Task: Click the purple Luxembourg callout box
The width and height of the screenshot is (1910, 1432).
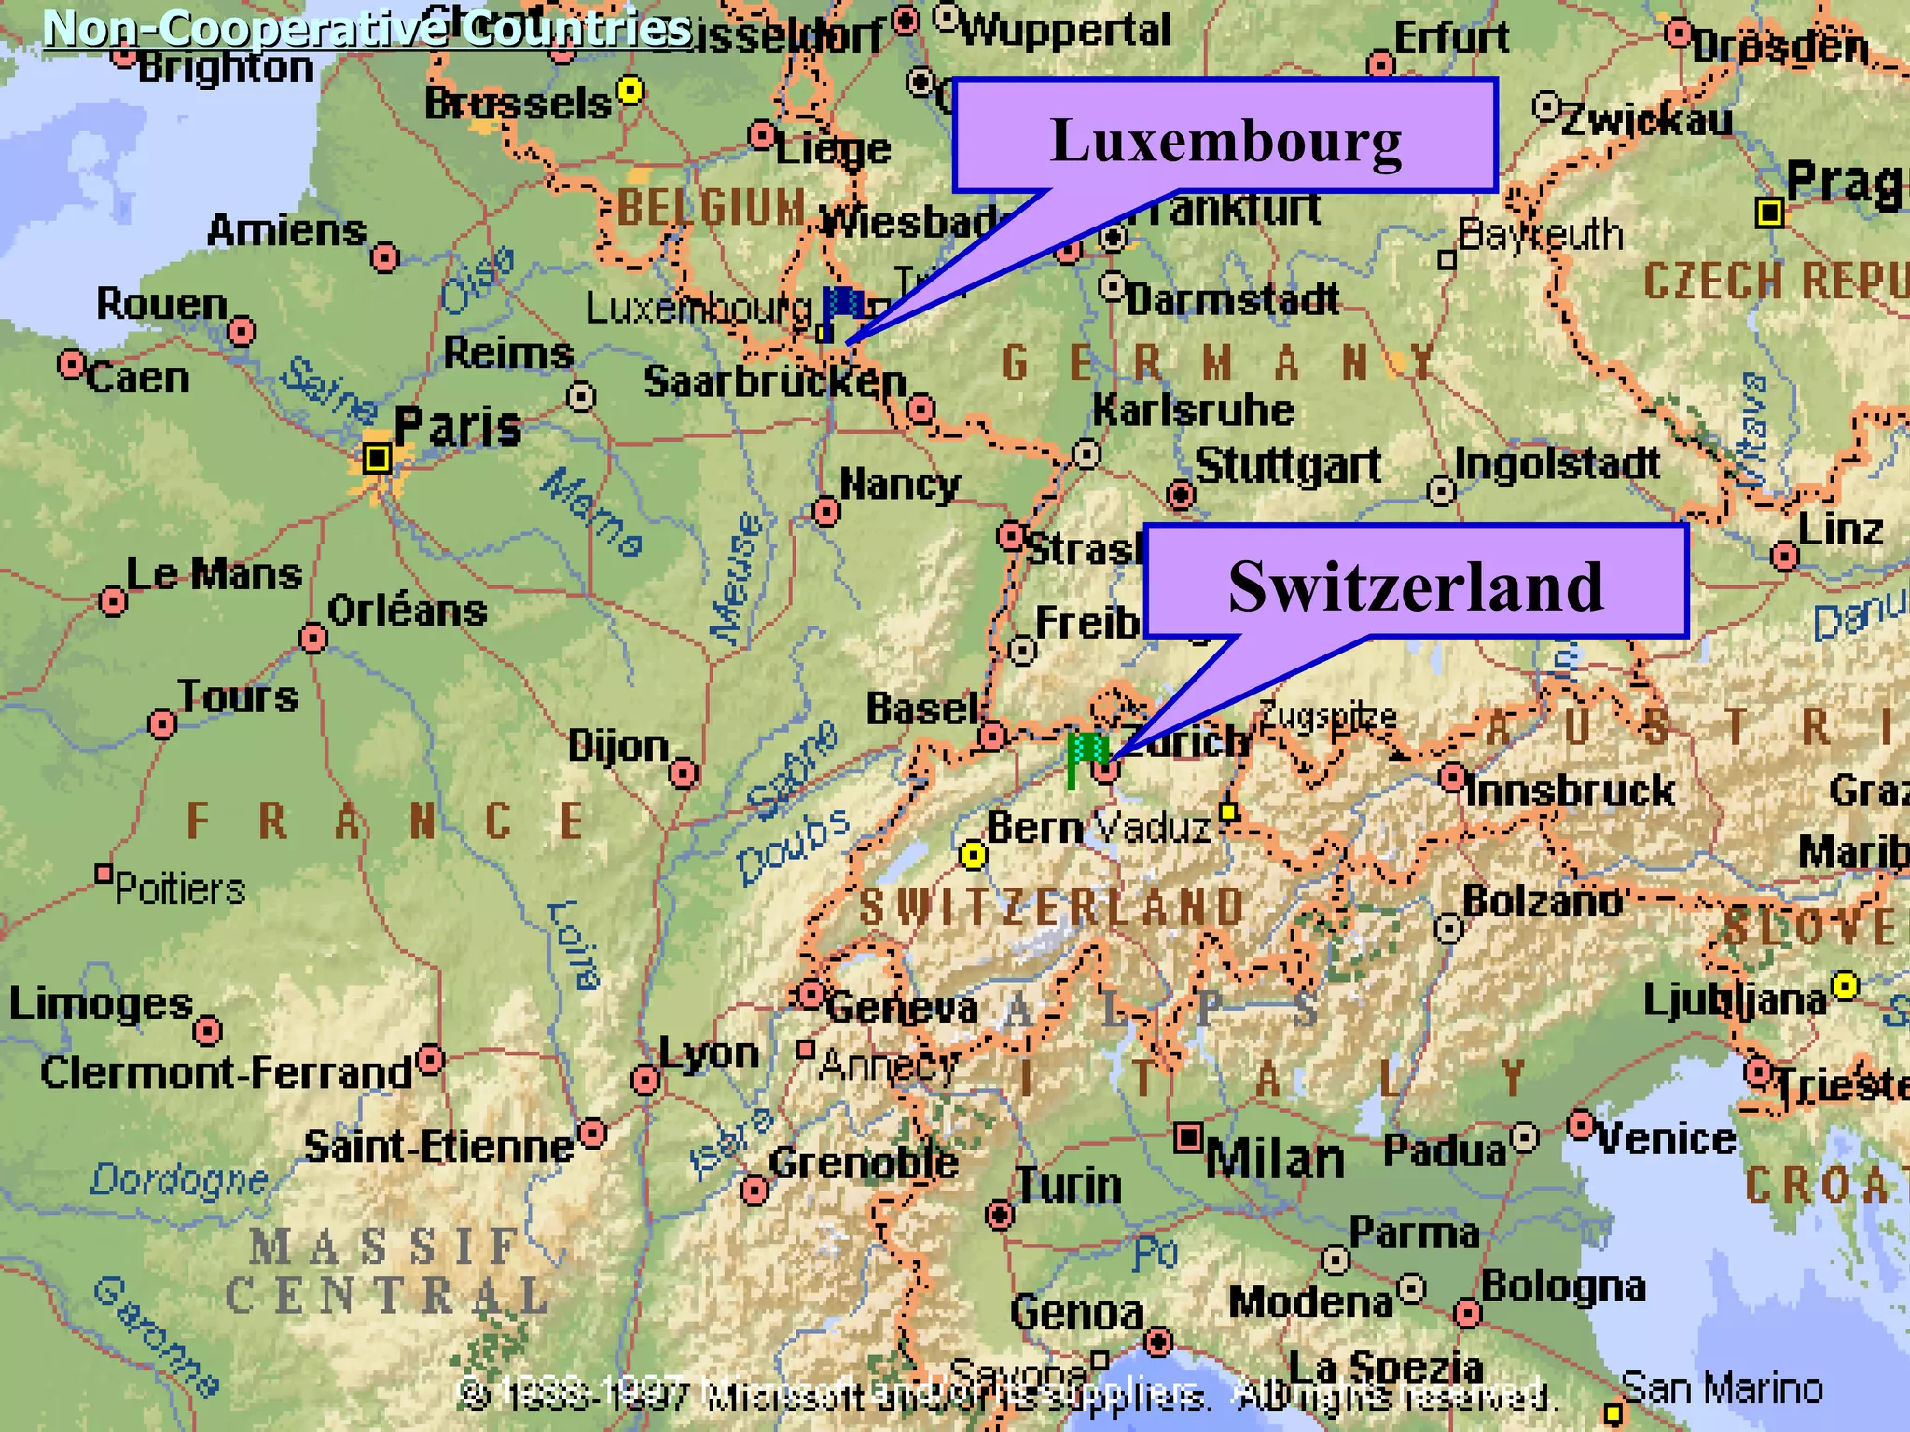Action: click(x=1224, y=137)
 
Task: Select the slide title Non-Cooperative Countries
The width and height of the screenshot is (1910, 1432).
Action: click(x=367, y=28)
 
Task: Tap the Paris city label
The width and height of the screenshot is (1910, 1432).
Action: click(x=457, y=427)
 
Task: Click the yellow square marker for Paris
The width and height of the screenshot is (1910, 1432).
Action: click(x=377, y=458)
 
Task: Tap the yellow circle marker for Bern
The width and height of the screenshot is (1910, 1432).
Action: click(x=973, y=854)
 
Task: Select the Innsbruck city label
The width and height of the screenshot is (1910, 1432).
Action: click(x=1570, y=792)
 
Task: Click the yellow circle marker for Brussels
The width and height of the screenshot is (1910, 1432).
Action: click(x=631, y=90)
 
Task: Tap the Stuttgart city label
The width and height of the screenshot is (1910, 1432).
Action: click(x=1287, y=465)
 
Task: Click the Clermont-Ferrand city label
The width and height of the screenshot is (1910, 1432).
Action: click(x=227, y=1073)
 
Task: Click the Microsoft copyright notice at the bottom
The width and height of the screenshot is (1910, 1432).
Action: click(x=1007, y=1396)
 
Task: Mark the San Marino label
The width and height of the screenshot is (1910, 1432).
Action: click(x=1722, y=1388)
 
